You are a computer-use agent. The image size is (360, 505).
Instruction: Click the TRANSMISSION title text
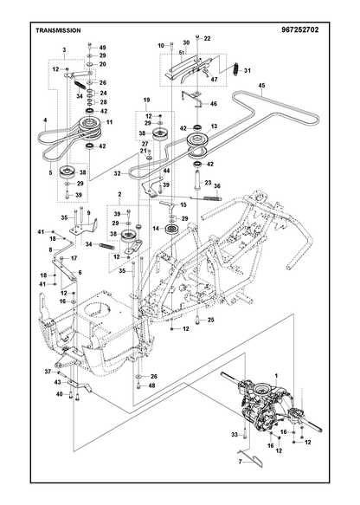58,30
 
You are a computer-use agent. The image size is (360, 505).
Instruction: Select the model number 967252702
299,30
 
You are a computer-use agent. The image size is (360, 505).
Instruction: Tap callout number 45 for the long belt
261,86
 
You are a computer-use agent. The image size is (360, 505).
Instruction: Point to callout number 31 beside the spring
247,70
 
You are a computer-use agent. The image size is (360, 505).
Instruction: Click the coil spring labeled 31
236,68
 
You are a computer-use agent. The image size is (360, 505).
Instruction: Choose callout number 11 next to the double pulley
109,122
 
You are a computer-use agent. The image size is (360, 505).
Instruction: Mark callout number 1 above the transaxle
276,376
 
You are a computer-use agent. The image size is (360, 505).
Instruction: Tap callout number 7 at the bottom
240,462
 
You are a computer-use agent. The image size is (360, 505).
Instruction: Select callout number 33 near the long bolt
235,435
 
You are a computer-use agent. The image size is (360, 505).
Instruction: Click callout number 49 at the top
102,48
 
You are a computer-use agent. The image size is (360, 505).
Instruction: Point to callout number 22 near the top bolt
207,38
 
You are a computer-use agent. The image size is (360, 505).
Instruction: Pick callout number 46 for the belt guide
214,104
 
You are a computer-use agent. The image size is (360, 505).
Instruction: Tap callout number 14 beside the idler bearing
156,229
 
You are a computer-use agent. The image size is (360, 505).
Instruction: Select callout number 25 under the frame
211,320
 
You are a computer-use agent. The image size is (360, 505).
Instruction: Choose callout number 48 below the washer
151,385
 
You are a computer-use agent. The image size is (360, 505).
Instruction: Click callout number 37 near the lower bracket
48,372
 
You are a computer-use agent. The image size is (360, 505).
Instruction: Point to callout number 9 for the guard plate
88,213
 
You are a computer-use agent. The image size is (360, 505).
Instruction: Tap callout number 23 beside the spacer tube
209,183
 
